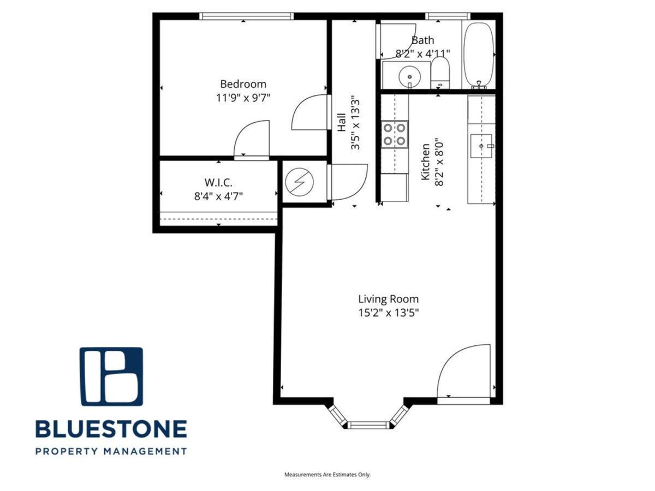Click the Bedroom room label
(243, 84)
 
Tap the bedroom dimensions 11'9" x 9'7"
(243, 98)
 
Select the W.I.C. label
(218, 182)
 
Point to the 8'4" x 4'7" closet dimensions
(218, 196)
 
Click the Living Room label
(388, 299)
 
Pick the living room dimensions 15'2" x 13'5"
(388, 313)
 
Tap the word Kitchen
(425, 162)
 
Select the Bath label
(422, 40)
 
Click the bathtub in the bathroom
(479, 55)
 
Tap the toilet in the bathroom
(440, 73)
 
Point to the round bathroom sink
(409, 76)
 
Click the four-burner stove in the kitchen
(394, 134)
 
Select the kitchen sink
(481, 146)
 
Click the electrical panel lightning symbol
(299, 182)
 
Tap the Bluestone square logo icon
(111, 376)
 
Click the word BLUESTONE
(111, 429)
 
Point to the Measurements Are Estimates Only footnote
(327, 474)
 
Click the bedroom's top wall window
(246, 16)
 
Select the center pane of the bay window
(369, 425)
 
